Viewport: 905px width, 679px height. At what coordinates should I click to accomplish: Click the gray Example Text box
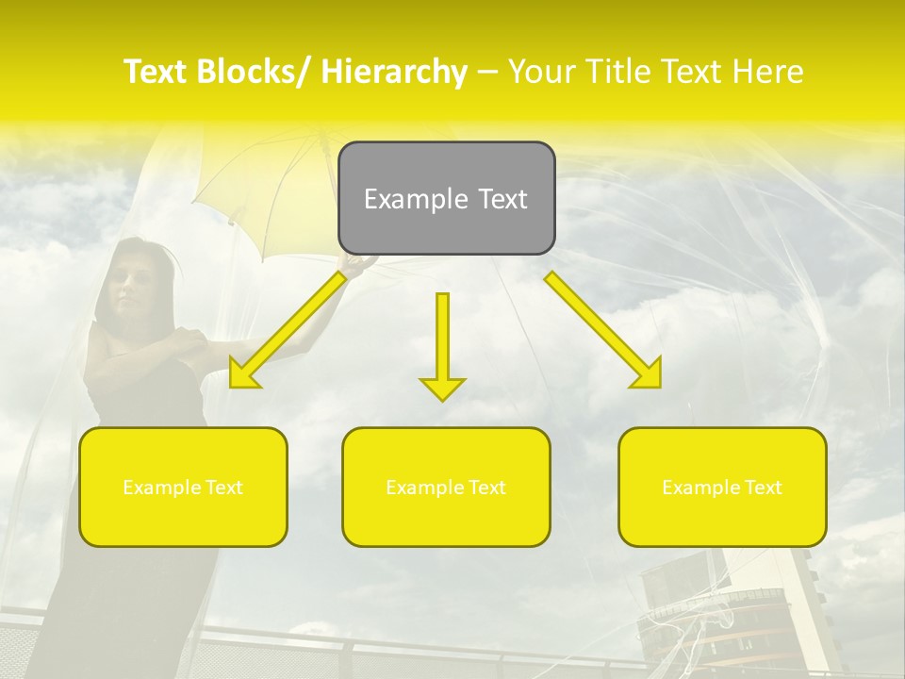point(447,198)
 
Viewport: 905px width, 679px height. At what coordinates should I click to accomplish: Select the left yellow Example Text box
point(183,487)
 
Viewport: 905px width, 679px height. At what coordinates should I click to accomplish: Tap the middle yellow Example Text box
point(446,487)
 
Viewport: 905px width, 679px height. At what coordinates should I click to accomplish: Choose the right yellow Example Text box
point(722,487)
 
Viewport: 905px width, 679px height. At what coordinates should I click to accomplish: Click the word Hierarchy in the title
point(394,72)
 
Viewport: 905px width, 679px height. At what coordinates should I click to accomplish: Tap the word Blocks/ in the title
point(259,72)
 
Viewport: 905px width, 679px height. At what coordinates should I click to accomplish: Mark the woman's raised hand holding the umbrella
point(356,267)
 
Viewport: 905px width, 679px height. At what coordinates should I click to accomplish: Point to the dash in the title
point(487,73)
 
